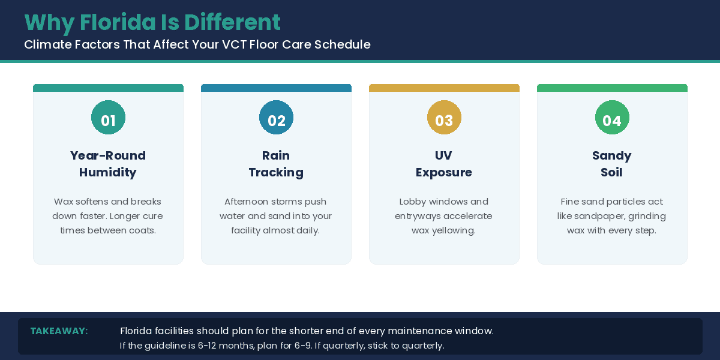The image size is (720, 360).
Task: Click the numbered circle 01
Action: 109,118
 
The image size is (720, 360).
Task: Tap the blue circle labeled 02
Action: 276,118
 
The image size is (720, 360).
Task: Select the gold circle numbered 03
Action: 444,118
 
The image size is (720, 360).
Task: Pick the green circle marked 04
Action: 612,118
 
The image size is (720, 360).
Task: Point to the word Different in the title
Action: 232,22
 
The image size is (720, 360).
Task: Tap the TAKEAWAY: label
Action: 59,331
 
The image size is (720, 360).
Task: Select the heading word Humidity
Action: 107,173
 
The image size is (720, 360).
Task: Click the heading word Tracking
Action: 276,173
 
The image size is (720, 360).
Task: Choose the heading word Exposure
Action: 444,173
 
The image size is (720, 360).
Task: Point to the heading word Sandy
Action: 611,156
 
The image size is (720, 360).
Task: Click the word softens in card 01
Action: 92,202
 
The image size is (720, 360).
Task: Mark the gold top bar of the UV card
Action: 444,88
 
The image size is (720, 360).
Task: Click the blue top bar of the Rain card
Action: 276,88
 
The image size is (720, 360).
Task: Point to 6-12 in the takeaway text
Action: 206,346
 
